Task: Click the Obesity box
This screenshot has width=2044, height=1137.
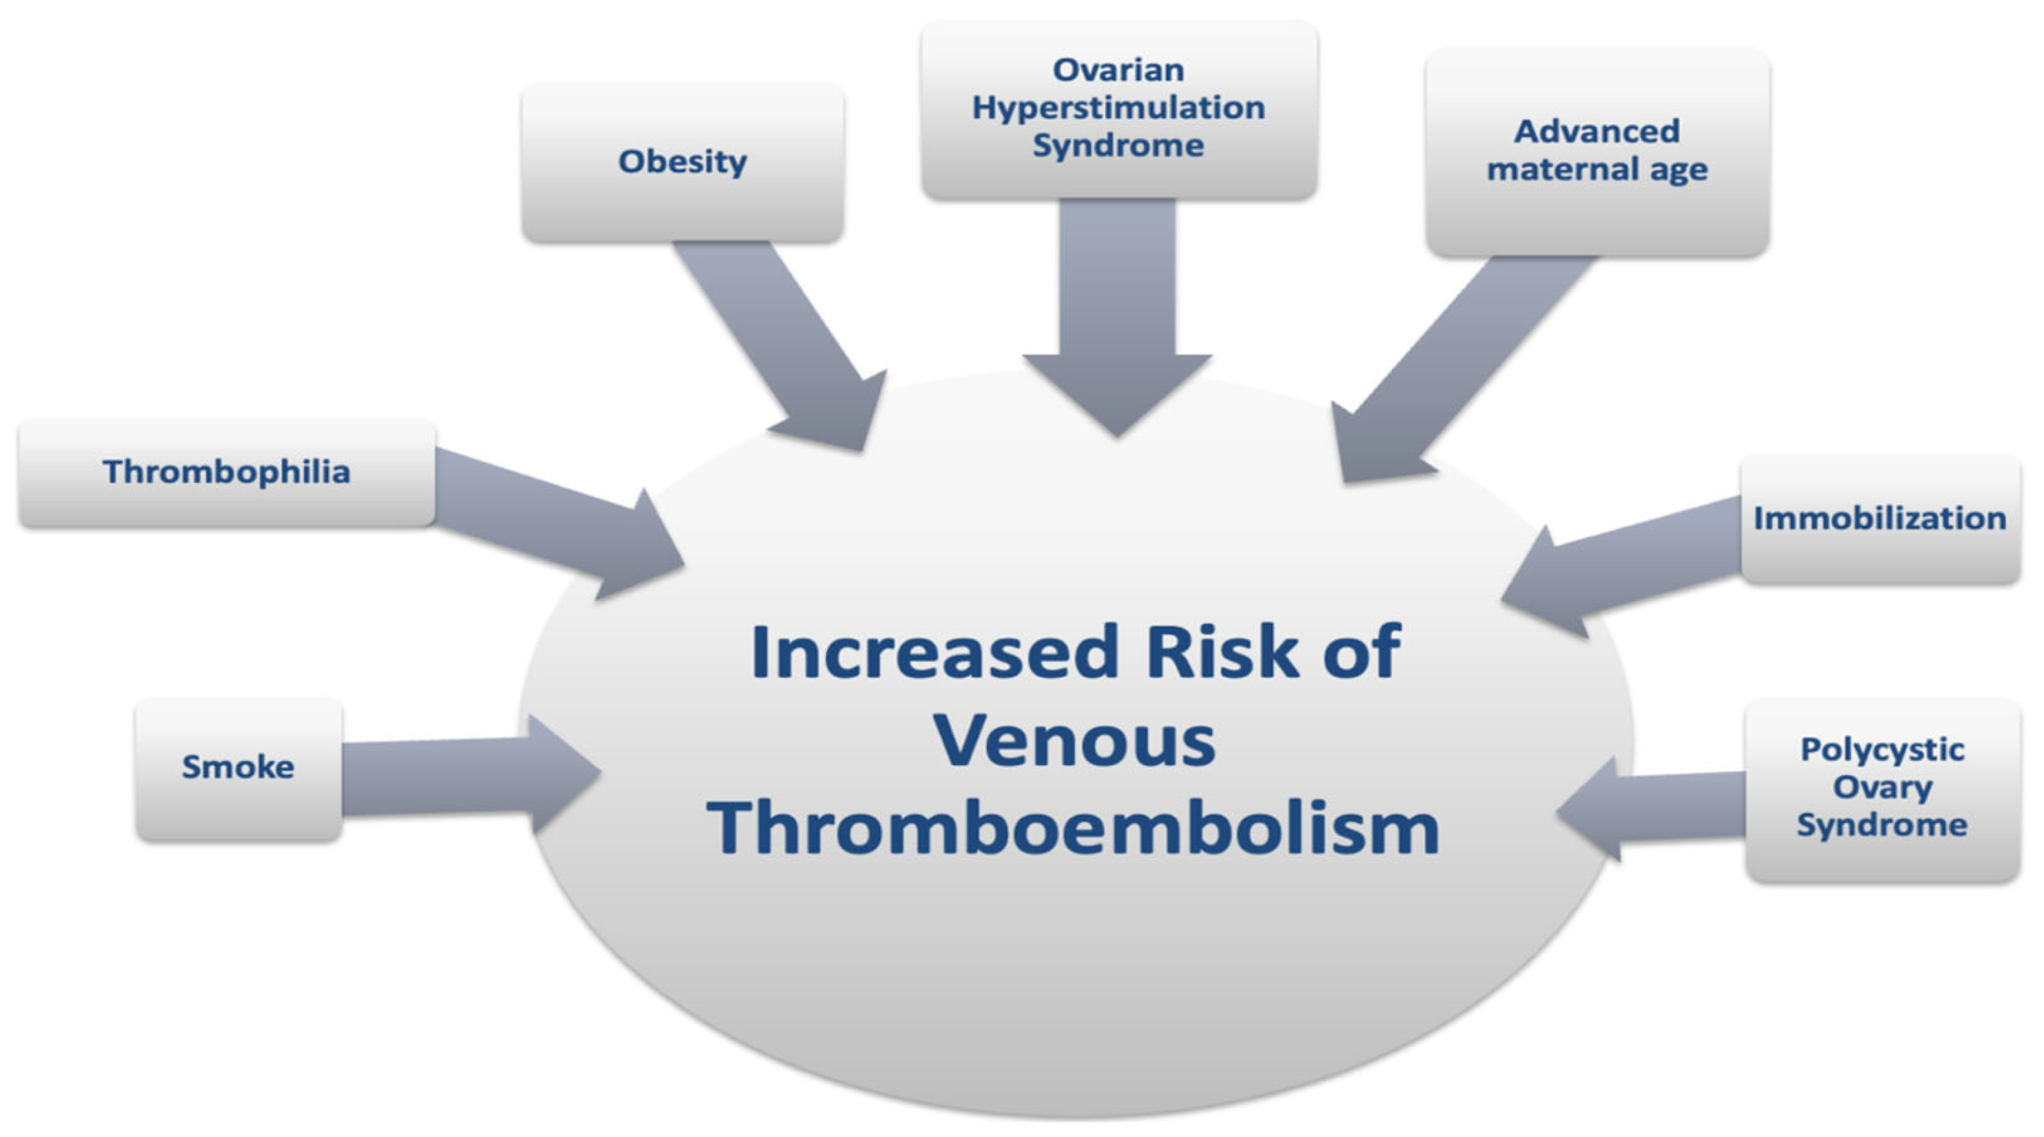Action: [682, 162]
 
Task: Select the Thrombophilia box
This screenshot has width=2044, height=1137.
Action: [227, 473]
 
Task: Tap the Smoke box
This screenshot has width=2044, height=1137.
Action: [239, 768]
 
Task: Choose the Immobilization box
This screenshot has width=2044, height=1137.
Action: [1880, 519]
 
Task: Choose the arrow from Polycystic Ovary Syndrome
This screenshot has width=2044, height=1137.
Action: [1650, 809]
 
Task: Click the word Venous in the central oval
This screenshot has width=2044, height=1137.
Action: [1075, 741]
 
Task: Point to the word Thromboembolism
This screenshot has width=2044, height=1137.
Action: [1074, 828]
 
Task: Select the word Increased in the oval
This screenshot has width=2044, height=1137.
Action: [935, 652]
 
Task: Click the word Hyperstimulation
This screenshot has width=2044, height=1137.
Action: [1119, 108]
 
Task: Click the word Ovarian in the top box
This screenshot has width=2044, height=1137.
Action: [1118, 70]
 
